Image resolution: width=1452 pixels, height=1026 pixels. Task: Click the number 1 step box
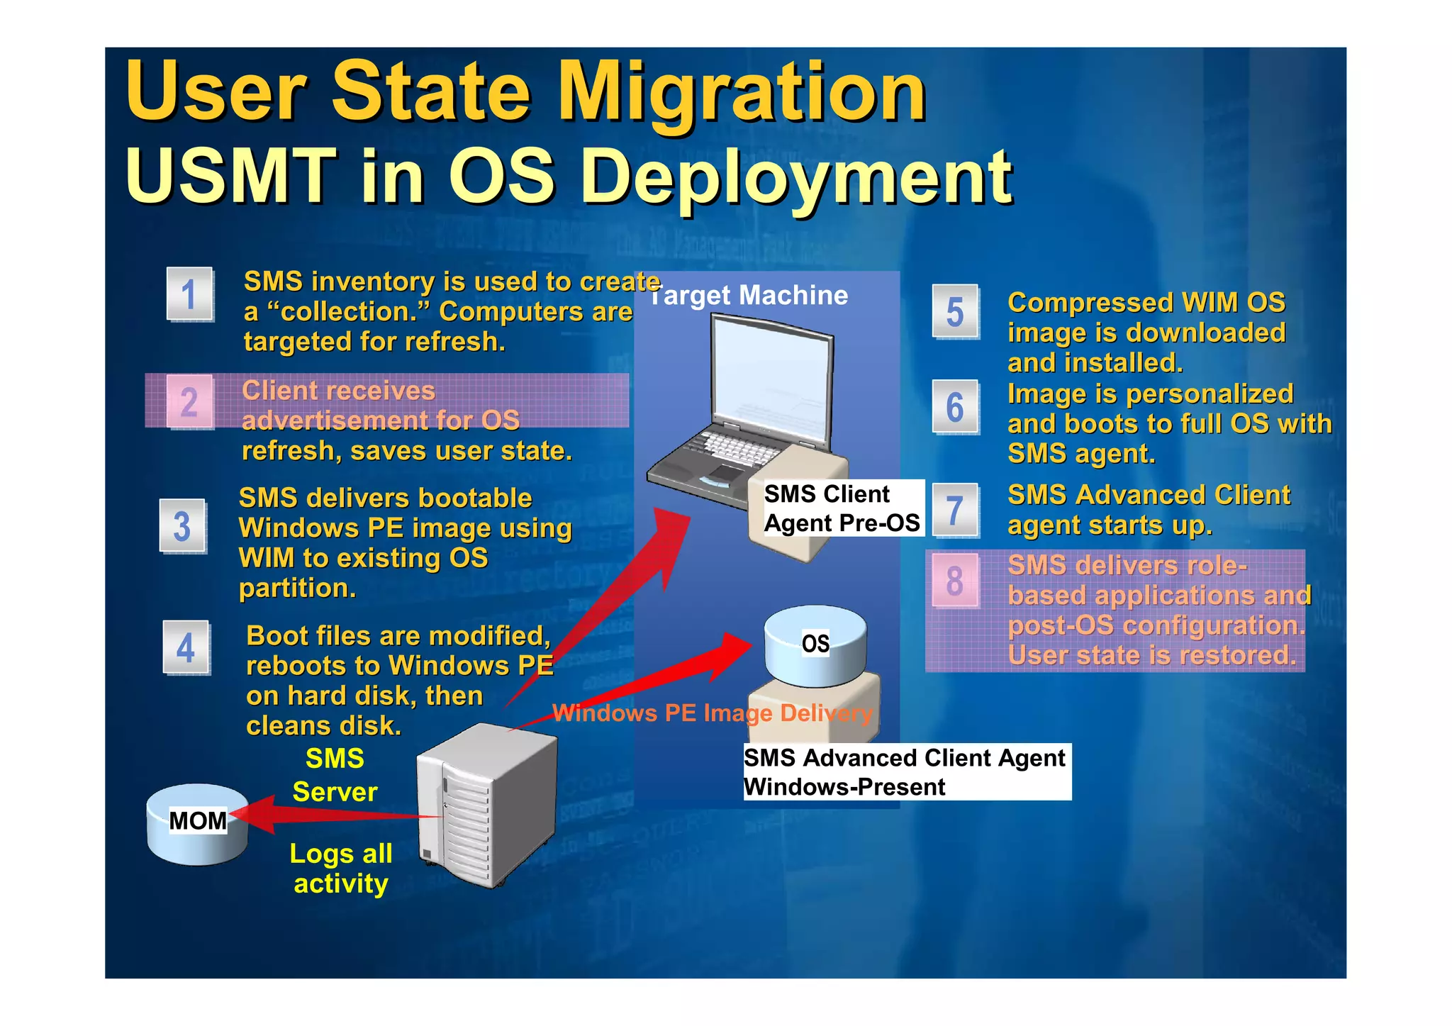pyautogui.click(x=189, y=294)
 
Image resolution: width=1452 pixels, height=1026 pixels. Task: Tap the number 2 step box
pyautogui.click(x=189, y=402)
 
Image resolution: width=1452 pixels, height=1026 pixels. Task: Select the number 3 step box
pyautogui.click(x=183, y=526)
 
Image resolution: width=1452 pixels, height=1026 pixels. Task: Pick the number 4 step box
pyautogui.click(x=186, y=647)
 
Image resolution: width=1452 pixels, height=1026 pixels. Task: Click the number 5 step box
pyautogui.click(x=955, y=312)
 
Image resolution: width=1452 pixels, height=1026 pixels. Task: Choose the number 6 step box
pyautogui.click(x=955, y=407)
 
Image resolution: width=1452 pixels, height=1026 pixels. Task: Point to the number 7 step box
pyautogui.click(x=955, y=511)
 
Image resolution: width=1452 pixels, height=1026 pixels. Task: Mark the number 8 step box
pyautogui.click(x=955, y=581)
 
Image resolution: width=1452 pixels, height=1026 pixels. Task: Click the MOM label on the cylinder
pyautogui.click(x=197, y=821)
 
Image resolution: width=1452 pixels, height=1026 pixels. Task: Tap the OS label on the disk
pyautogui.click(x=815, y=644)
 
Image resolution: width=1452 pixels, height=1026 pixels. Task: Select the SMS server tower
pyautogui.click(x=486, y=805)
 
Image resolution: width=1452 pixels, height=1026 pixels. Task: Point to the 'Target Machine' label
pyautogui.click(x=749, y=296)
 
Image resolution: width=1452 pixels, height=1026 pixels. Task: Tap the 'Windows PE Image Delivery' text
pyautogui.click(x=712, y=713)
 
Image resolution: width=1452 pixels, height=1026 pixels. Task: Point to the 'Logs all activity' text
pyautogui.click(x=341, y=869)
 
